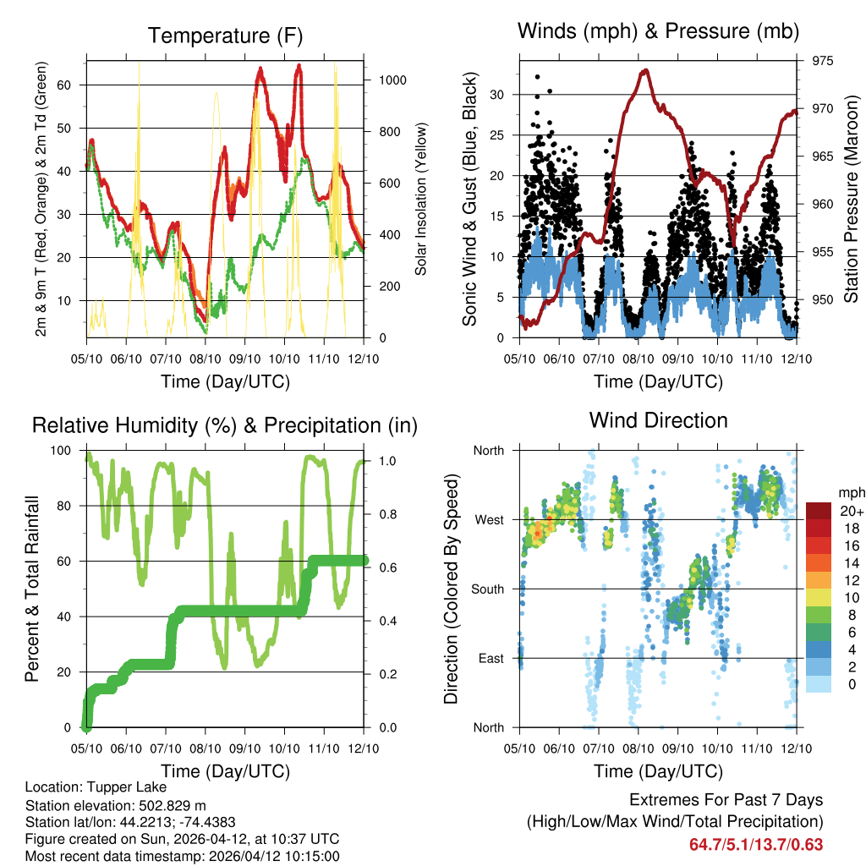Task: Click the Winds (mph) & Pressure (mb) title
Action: coord(658,32)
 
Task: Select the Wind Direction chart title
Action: coord(658,420)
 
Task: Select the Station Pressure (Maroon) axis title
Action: coord(852,199)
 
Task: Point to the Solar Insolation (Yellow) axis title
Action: coord(420,199)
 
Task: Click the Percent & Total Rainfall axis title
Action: coord(32,589)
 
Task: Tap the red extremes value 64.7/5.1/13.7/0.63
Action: coord(755,844)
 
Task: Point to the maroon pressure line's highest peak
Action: coord(645,70)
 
